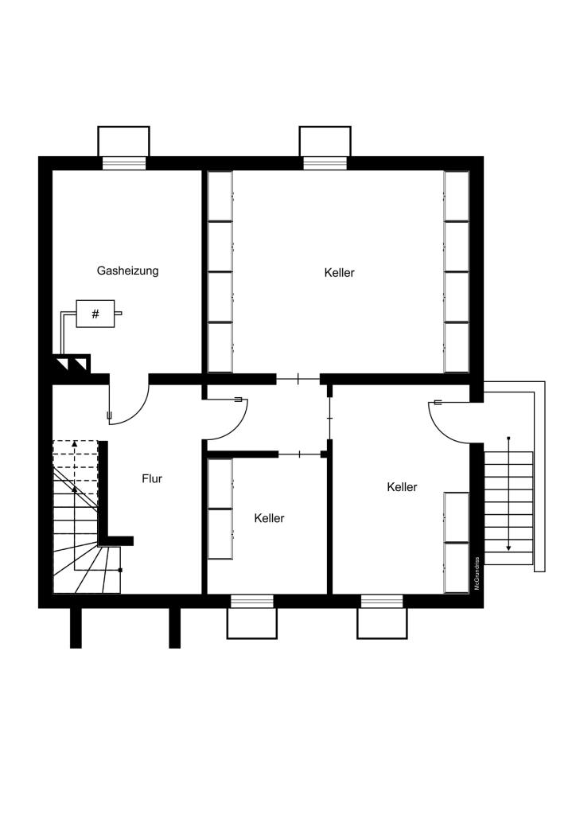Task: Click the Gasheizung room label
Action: pos(128,271)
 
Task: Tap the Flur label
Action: pos(152,478)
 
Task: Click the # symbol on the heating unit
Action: pos(95,314)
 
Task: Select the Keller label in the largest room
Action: pos(339,272)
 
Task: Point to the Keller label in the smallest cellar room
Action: pos(269,518)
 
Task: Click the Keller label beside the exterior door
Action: pos(402,487)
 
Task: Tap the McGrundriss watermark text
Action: pos(477,574)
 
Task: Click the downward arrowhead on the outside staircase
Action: pos(508,548)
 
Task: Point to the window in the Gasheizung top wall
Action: pos(124,163)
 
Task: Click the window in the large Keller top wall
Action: pos(325,163)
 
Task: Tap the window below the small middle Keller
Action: pos(252,601)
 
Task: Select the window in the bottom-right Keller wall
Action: pos(382,601)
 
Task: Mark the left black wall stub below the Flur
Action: pos(76,628)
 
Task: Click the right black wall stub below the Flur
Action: pos(174,628)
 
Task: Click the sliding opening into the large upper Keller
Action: pos(298,379)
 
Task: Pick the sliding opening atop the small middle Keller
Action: pos(300,454)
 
